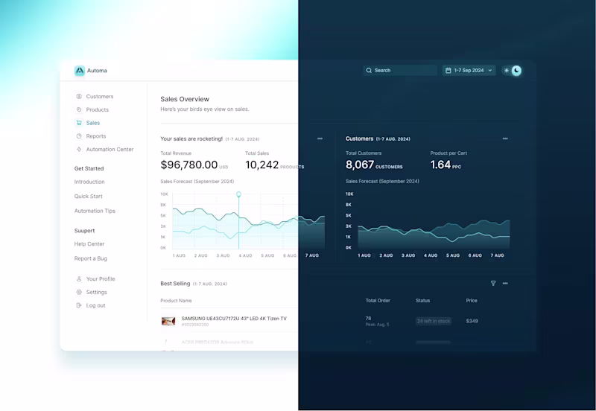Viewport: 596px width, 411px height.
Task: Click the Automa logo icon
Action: coord(80,71)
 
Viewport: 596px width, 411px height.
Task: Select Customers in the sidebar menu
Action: coord(99,97)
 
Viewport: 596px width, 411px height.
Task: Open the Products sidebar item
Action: coord(97,110)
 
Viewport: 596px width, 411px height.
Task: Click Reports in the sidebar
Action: coord(95,136)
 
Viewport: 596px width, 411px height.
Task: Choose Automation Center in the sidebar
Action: coord(110,150)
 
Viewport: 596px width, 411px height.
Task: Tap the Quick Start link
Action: coord(89,197)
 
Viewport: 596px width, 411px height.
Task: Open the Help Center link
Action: coord(89,244)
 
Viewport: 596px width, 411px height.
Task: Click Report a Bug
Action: coord(91,258)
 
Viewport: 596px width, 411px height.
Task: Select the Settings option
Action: coord(96,293)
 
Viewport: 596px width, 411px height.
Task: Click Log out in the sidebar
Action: coord(95,306)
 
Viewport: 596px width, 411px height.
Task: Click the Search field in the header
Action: coord(400,71)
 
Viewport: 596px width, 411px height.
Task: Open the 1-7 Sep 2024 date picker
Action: coord(469,71)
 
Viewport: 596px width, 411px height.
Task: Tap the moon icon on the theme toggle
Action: coord(516,71)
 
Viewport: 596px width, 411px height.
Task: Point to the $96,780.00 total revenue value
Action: coord(189,165)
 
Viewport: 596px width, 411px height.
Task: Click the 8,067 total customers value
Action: coord(360,165)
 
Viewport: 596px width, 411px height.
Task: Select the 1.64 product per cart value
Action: coord(440,165)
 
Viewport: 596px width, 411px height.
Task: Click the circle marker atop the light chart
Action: coord(239,194)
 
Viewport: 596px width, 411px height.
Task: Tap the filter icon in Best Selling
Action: coord(493,284)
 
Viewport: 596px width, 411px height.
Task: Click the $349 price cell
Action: coord(472,321)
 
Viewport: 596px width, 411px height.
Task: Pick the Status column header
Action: coord(423,301)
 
